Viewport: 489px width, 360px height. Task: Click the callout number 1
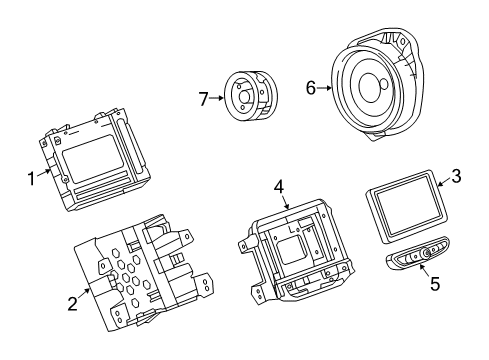31,181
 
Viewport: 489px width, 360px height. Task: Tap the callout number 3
455,178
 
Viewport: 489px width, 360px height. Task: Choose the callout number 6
310,88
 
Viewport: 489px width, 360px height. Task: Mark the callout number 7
203,98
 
